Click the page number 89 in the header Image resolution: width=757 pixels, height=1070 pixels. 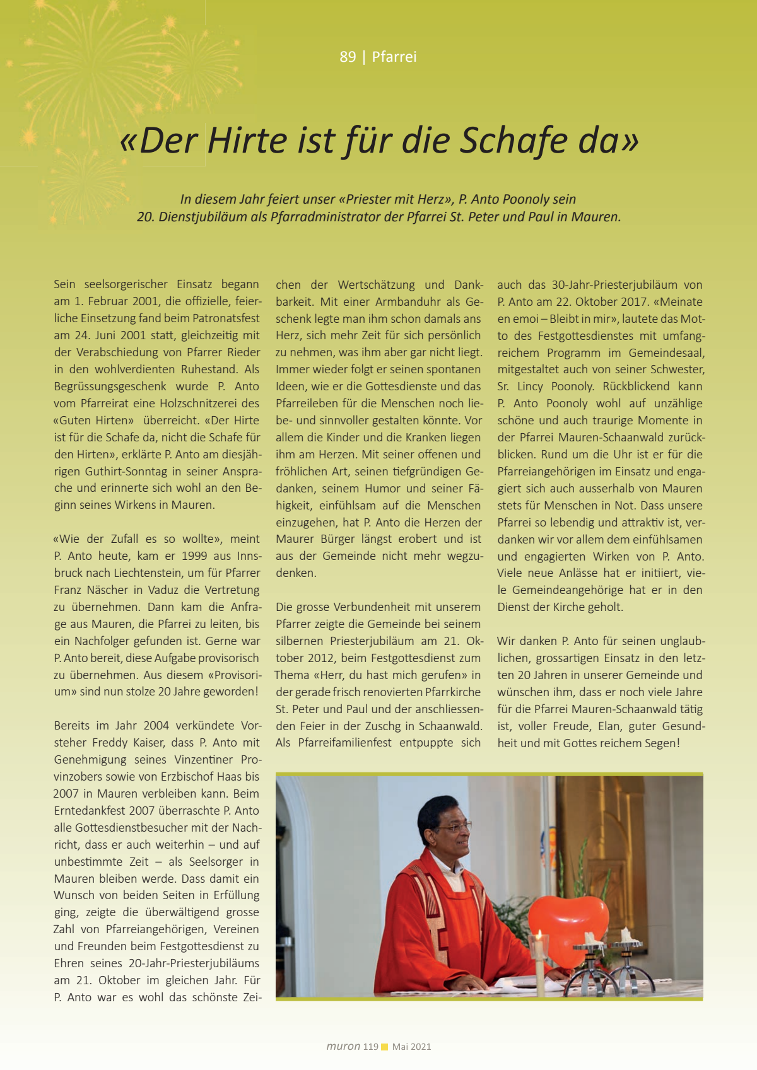coord(348,57)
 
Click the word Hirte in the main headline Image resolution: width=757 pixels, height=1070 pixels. coord(247,140)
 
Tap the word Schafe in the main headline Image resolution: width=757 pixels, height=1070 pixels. coord(513,140)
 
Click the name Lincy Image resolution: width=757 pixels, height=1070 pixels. coord(530,386)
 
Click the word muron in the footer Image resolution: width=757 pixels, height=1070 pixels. coord(343,1046)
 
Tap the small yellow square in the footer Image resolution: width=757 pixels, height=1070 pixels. coord(385,1047)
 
